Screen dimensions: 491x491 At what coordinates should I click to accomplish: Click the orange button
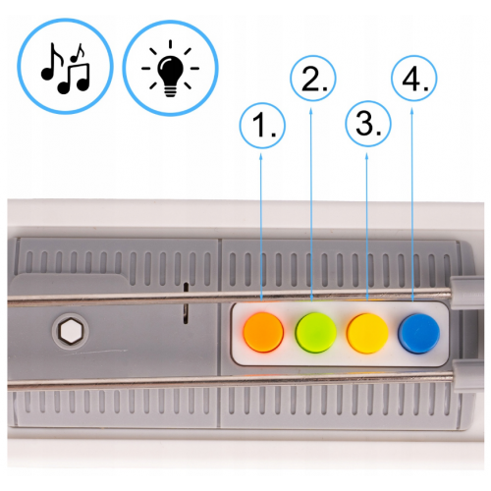263,332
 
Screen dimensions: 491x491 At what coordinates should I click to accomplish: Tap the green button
315,332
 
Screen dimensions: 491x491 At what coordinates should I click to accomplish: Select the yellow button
367,333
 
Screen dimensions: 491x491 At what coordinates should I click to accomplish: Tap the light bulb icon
170,68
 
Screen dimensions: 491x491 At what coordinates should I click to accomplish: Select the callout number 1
262,126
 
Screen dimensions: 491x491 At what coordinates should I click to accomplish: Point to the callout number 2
313,79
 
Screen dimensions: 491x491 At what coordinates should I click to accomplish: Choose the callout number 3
368,124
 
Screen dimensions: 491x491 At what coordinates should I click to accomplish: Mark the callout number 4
414,79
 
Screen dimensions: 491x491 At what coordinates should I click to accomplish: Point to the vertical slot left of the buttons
186,302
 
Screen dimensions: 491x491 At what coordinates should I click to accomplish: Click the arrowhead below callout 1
261,156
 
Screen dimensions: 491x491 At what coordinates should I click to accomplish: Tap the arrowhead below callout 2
311,111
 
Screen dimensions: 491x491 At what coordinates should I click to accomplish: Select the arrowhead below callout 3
366,156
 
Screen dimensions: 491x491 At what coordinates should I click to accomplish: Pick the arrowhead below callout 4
411,111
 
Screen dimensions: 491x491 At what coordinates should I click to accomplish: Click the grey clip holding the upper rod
466,294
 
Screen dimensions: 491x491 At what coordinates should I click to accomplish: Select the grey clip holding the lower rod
468,376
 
